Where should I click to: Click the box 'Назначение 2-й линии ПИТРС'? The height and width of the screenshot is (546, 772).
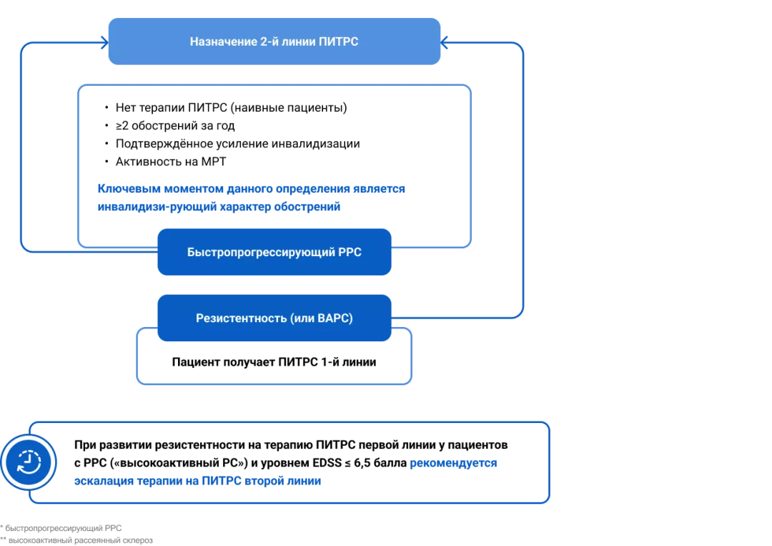274,42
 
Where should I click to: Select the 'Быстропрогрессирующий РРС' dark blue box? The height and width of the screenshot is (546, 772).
274,252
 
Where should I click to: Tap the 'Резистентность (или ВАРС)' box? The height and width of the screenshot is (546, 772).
274,318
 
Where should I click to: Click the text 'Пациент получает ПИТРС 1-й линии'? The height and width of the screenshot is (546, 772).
274,362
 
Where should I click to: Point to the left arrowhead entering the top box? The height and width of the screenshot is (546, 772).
105,42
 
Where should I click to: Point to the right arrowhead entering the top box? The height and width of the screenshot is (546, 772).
444,42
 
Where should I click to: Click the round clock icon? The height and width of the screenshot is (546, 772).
29,462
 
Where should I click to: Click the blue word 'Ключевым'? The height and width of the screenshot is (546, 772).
129,189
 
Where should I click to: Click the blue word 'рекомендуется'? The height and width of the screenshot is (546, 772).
453,463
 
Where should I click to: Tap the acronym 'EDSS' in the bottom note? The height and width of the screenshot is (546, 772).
327,463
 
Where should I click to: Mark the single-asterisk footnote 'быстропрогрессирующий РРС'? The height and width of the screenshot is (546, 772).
63,528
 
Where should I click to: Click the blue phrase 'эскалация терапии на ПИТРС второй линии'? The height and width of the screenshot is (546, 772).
197,481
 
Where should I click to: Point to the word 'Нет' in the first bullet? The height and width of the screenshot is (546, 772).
126,108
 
